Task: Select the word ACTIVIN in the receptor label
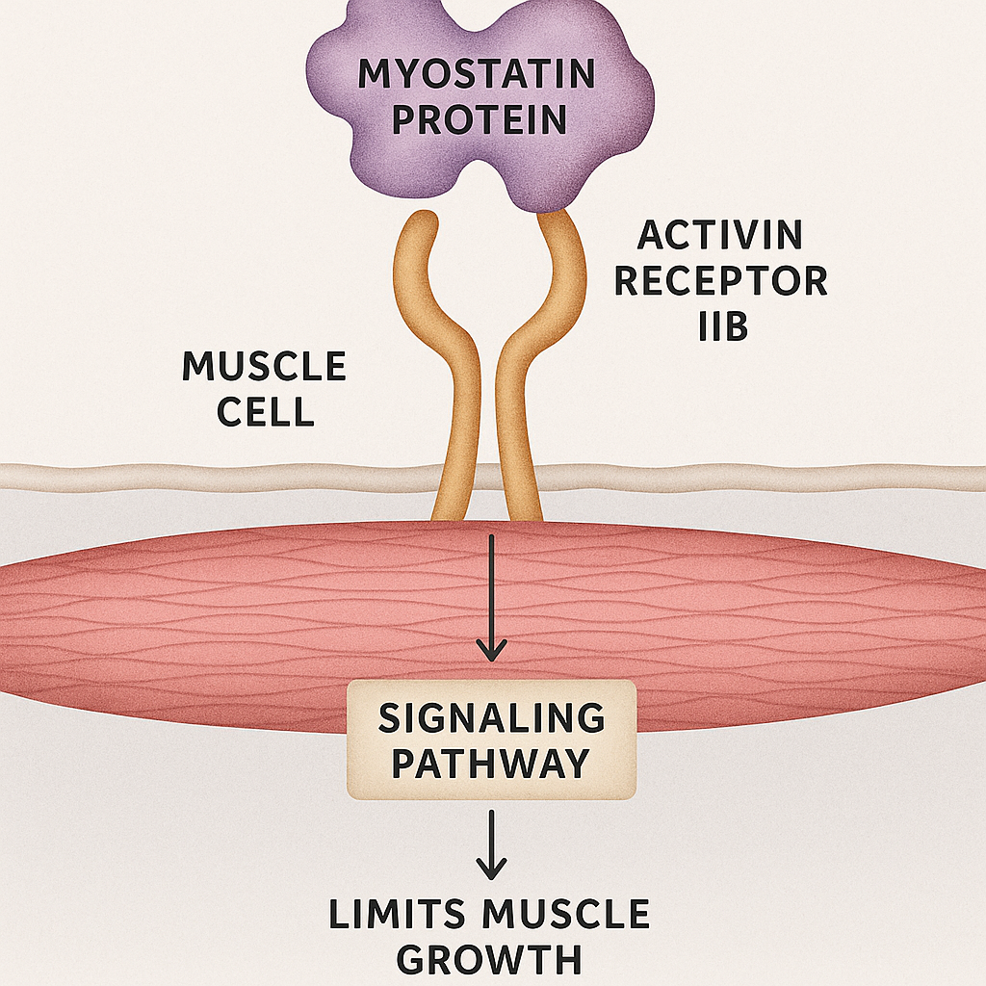[720, 236]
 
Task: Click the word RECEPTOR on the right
[720, 282]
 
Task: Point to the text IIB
[722, 328]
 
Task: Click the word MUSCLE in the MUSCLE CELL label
[264, 367]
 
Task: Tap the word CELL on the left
[264, 412]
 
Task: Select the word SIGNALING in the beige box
[491, 718]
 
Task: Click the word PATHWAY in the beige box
[491, 764]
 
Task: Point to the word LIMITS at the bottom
[408, 915]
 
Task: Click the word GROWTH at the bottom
[489, 960]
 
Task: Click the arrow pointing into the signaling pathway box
[492, 597]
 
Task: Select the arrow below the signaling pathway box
[492, 843]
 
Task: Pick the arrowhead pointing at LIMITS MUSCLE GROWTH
[492, 869]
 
